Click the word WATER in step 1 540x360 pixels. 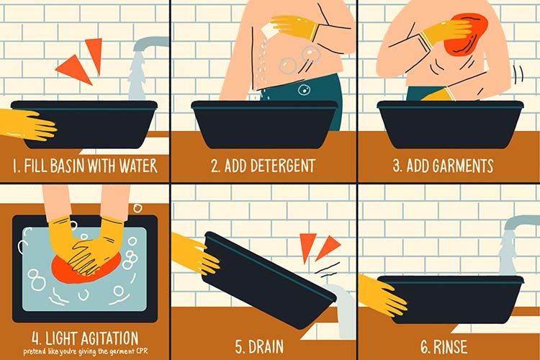click(x=138, y=166)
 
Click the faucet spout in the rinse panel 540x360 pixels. click(x=521, y=222)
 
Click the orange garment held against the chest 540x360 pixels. click(x=467, y=34)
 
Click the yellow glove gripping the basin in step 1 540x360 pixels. click(x=27, y=125)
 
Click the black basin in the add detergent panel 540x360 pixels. click(x=264, y=123)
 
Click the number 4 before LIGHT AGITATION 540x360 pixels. click(x=36, y=339)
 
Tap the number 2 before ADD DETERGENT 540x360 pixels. click(x=215, y=166)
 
